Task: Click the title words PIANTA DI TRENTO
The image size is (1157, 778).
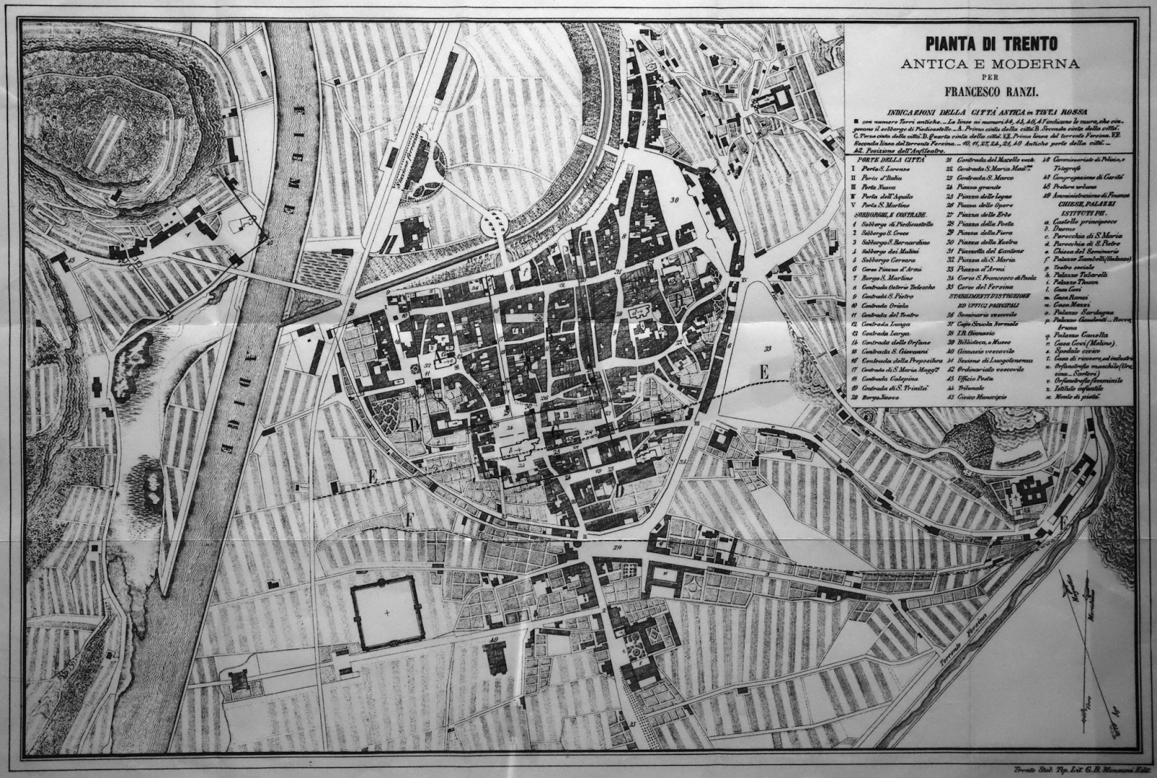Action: [989, 43]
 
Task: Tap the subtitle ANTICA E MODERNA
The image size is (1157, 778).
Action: [989, 64]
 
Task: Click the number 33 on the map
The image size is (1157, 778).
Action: [767, 349]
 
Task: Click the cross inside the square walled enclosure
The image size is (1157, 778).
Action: [388, 613]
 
